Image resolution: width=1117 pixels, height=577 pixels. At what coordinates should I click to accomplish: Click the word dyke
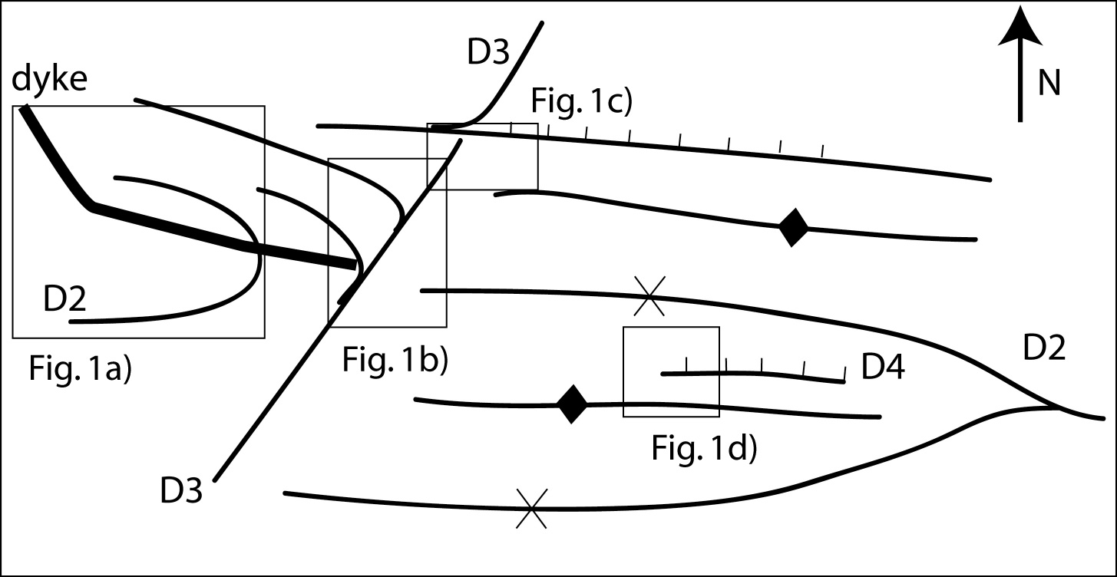coord(49,80)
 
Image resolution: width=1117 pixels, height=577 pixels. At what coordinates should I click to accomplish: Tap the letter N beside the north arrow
coord(1049,84)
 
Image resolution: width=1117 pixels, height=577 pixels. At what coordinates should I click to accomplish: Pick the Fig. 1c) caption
coord(580,102)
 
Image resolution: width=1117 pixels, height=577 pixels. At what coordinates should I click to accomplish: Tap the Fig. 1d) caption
coord(705,449)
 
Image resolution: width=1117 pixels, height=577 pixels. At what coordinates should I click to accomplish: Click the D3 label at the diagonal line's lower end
coord(182,490)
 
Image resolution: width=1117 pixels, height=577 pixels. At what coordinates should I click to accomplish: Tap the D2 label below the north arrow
coord(1045,350)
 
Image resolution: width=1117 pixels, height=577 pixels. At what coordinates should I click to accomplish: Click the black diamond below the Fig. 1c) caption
coord(793,228)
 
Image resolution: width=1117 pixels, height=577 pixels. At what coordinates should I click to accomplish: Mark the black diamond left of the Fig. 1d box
coord(572,404)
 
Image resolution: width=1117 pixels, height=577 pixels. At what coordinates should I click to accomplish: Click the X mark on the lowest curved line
coord(531,509)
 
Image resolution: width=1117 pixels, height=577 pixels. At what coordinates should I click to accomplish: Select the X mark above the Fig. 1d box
coord(650,296)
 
